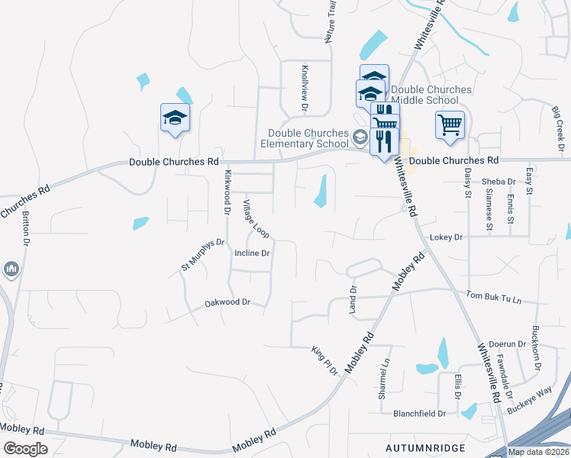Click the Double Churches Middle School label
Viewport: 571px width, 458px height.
click(431, 95)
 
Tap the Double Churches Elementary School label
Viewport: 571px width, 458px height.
click(304, 138)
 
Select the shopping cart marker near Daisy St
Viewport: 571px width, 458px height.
click(450, 124)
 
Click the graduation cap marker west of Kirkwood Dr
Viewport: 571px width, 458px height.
click(175, 118)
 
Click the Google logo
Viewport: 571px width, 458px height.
click(25, 448)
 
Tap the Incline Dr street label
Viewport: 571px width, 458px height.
click(253, 253)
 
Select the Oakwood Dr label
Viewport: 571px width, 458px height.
click(227, 303)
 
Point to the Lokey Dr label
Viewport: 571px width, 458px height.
click(447, 237)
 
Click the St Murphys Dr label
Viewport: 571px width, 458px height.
click(202, 254)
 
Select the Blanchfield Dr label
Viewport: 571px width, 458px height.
click(419, 414)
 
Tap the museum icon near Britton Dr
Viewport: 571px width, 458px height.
click(11, 270)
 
